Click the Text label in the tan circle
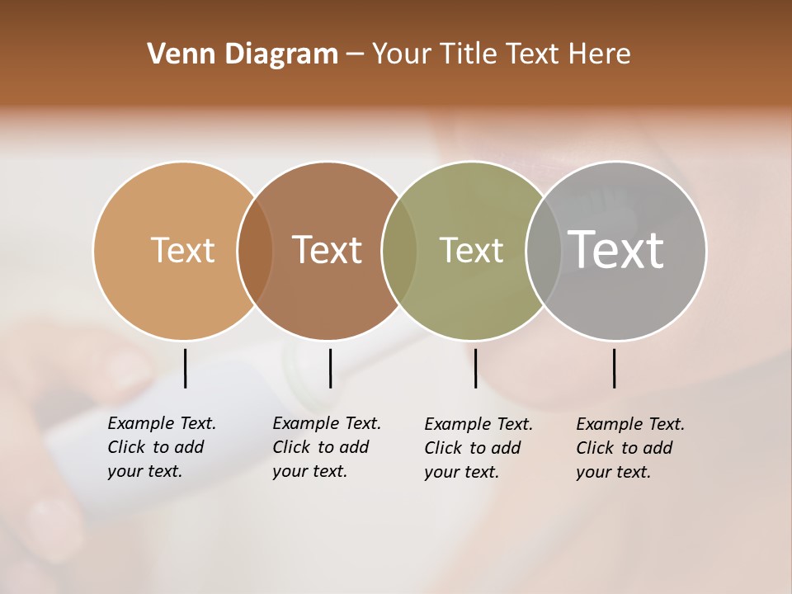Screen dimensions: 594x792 (182, 250)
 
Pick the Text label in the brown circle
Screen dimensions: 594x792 (327, 250)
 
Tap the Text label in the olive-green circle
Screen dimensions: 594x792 (471, 250)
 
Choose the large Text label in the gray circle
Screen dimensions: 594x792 (616, 249)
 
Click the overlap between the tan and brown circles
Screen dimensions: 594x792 (255, 251)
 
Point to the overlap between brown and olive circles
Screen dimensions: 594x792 (399, 251)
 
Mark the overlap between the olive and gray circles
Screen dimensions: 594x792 (543, 251)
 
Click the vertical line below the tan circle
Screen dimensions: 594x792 (186, 368)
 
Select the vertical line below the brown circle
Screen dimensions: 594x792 (330, 368)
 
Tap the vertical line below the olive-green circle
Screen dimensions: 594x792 (475, 368)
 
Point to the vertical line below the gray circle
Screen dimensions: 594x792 (615, 368)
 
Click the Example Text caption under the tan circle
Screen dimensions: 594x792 (161, 447)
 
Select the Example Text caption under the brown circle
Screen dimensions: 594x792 (326, 447)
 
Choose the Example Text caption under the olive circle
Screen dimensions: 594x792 (478, 448)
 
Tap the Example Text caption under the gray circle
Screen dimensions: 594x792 (629, 448)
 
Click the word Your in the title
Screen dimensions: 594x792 (402, 54)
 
